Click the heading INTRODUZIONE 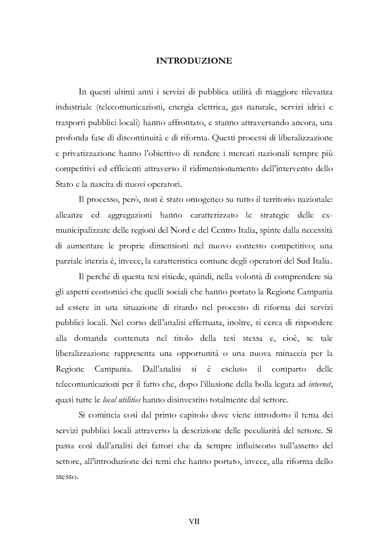tap(194, 61)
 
